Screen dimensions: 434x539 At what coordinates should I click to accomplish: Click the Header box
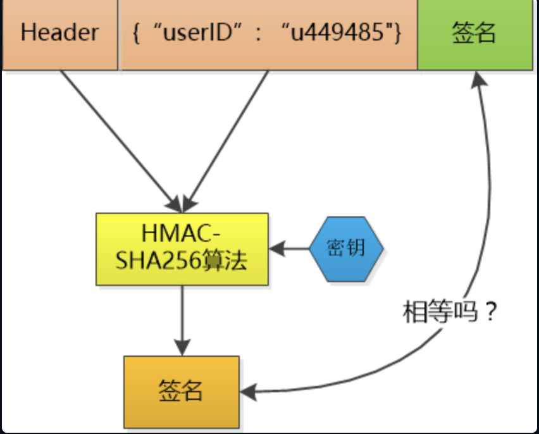59,34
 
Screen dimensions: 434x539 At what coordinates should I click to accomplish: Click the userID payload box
268,34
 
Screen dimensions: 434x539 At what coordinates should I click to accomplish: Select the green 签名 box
474,34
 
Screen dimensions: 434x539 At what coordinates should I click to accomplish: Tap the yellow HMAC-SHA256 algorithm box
182,249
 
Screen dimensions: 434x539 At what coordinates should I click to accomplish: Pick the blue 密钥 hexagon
346,248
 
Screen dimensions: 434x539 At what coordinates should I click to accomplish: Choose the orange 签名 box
181,392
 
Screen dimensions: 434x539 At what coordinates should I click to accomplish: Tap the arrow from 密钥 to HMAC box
290,249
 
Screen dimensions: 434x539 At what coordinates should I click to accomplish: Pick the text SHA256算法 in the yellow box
182,261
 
